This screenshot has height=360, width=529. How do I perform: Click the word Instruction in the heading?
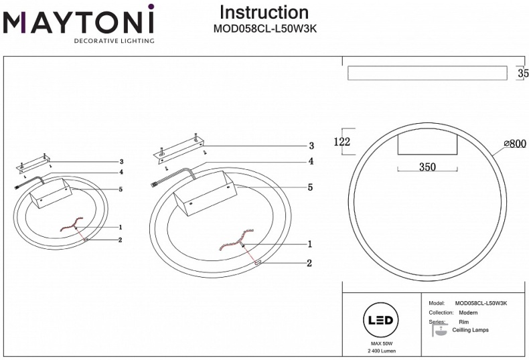point(264,12)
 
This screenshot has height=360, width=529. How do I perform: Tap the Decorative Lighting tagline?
point(113,41)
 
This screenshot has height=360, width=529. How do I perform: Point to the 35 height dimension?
point(522,74)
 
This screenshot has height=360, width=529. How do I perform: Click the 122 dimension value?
point(342,141)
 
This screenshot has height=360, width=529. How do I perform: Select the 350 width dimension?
point(428,167)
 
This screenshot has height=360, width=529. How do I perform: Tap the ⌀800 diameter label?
point(514,143)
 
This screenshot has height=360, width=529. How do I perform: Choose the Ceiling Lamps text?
point(470,330)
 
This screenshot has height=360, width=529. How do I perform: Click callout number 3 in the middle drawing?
point(311,146)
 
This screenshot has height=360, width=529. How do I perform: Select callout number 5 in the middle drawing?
point(310,188)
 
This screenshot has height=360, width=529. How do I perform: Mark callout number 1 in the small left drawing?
point(120,228)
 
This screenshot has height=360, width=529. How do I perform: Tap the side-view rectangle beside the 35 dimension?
point(427,73)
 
